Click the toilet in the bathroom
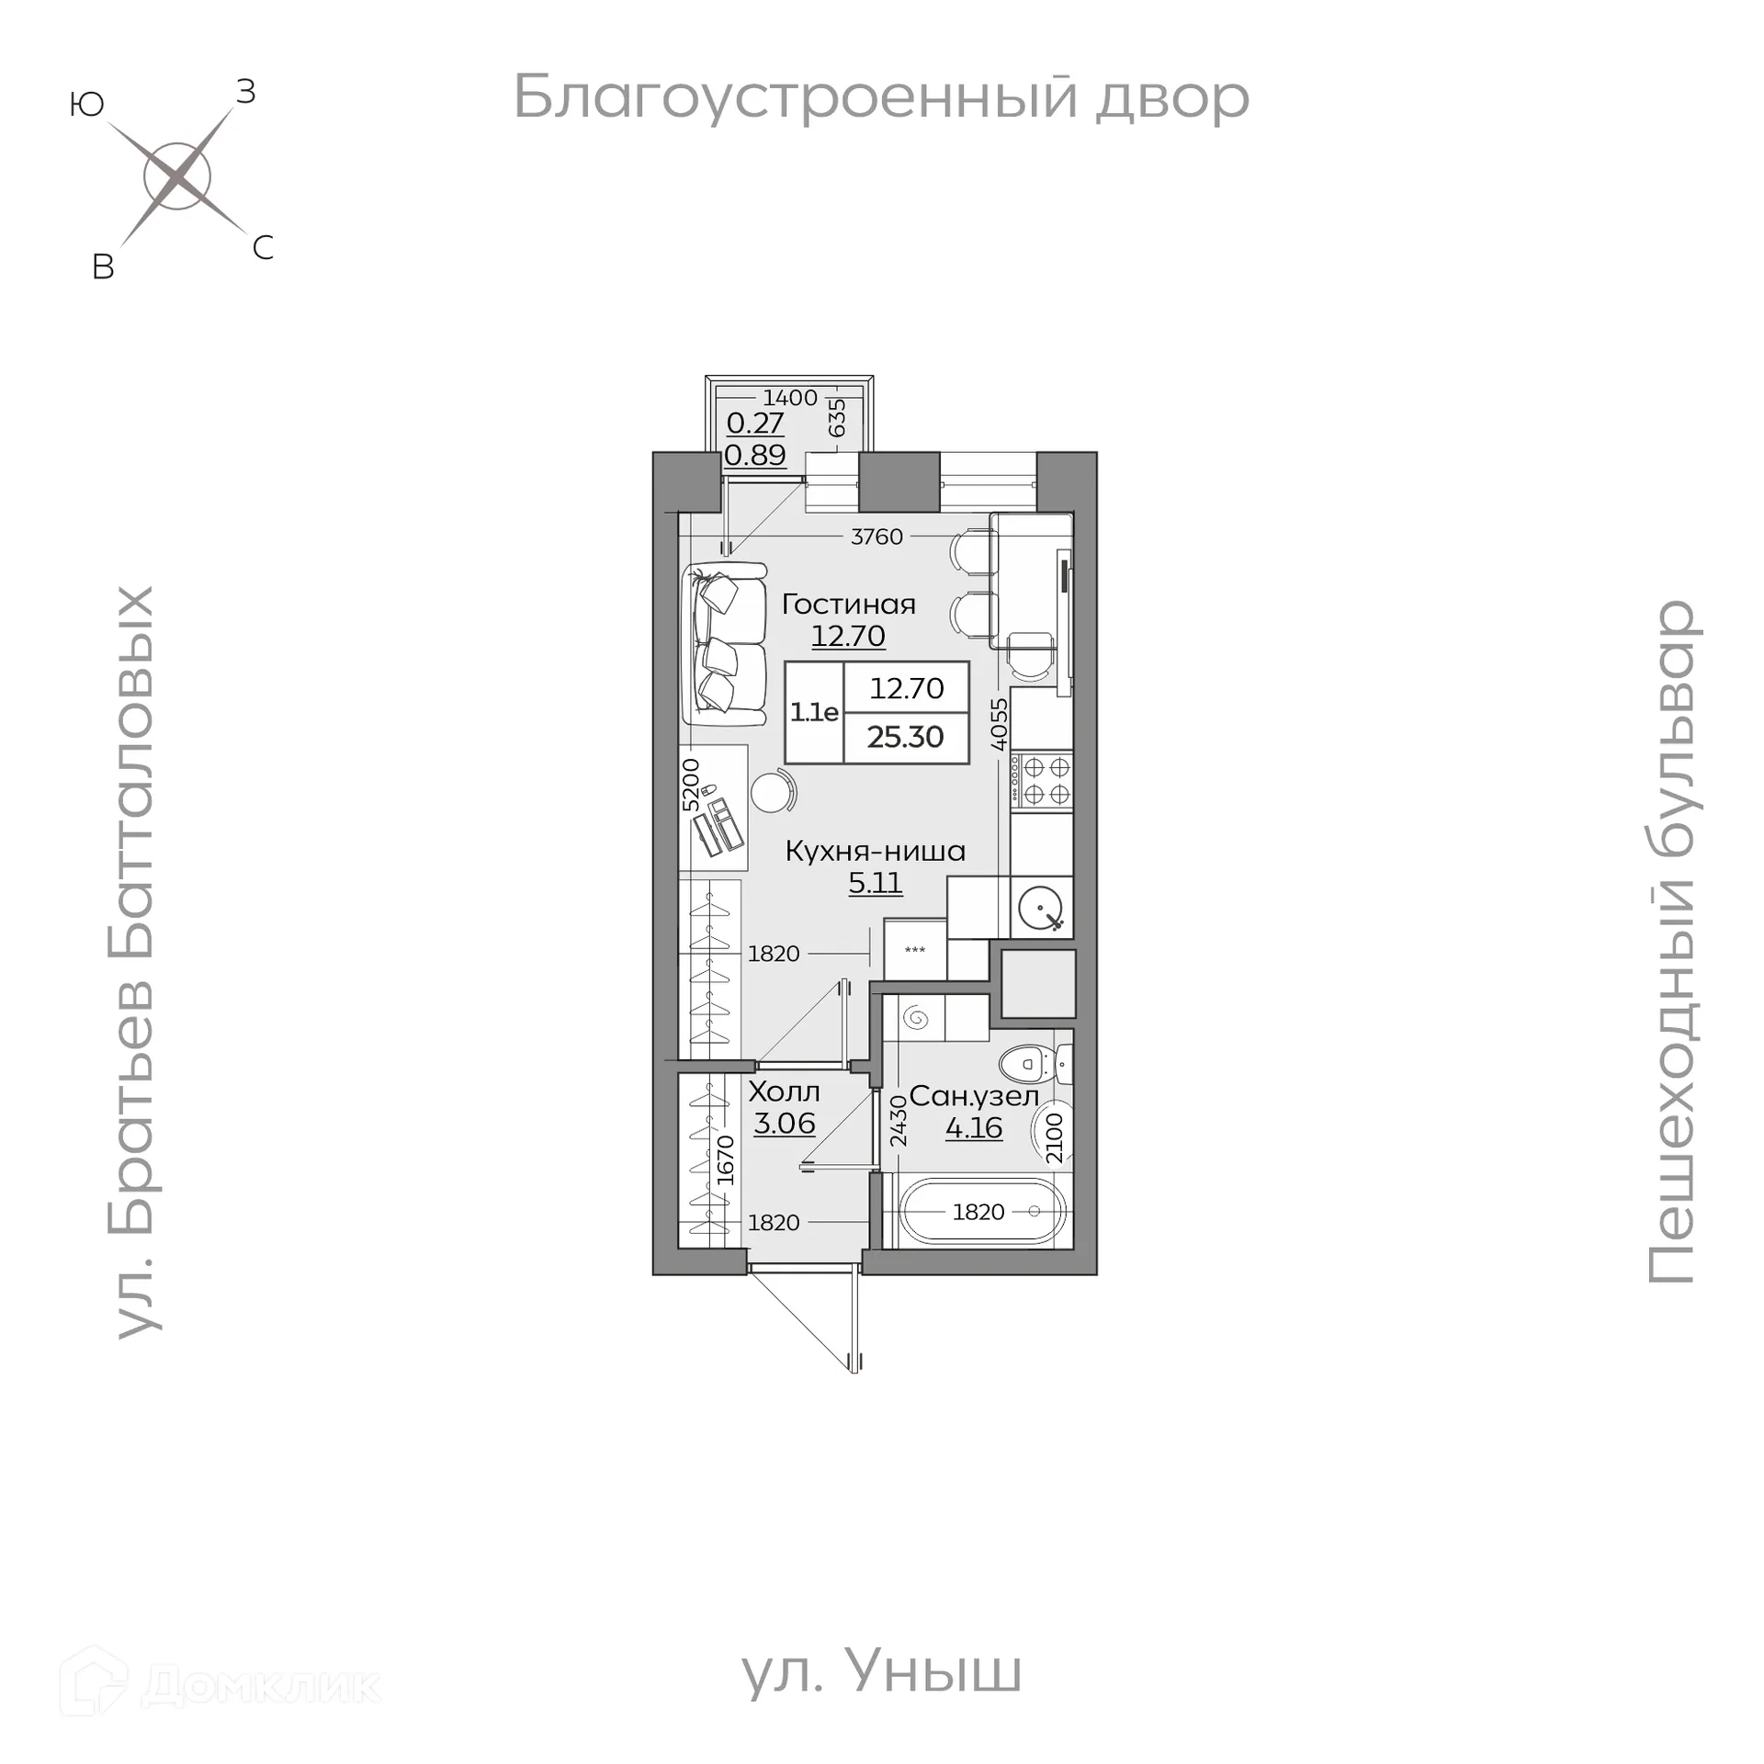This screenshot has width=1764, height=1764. point(1033,1066)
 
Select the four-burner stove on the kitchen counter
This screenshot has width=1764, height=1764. point(1042,780)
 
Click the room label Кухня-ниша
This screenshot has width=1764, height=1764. point(876,852)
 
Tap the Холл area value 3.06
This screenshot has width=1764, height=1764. point(785,1123)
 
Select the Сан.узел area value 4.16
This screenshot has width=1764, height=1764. point(974,1127)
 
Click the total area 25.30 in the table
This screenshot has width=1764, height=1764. point(906,737)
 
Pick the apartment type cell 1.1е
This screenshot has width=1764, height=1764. point(814,712)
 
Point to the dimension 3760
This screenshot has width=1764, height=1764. point(876,537)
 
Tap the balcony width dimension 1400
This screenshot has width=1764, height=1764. point(790,398)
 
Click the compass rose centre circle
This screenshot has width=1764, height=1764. point(177,176)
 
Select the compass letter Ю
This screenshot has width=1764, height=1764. point(86,106)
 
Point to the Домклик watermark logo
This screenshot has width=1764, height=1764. point(220,1686)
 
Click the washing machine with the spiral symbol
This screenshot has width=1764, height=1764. point(917,1018)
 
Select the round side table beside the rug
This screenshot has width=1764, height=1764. point(772,790)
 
